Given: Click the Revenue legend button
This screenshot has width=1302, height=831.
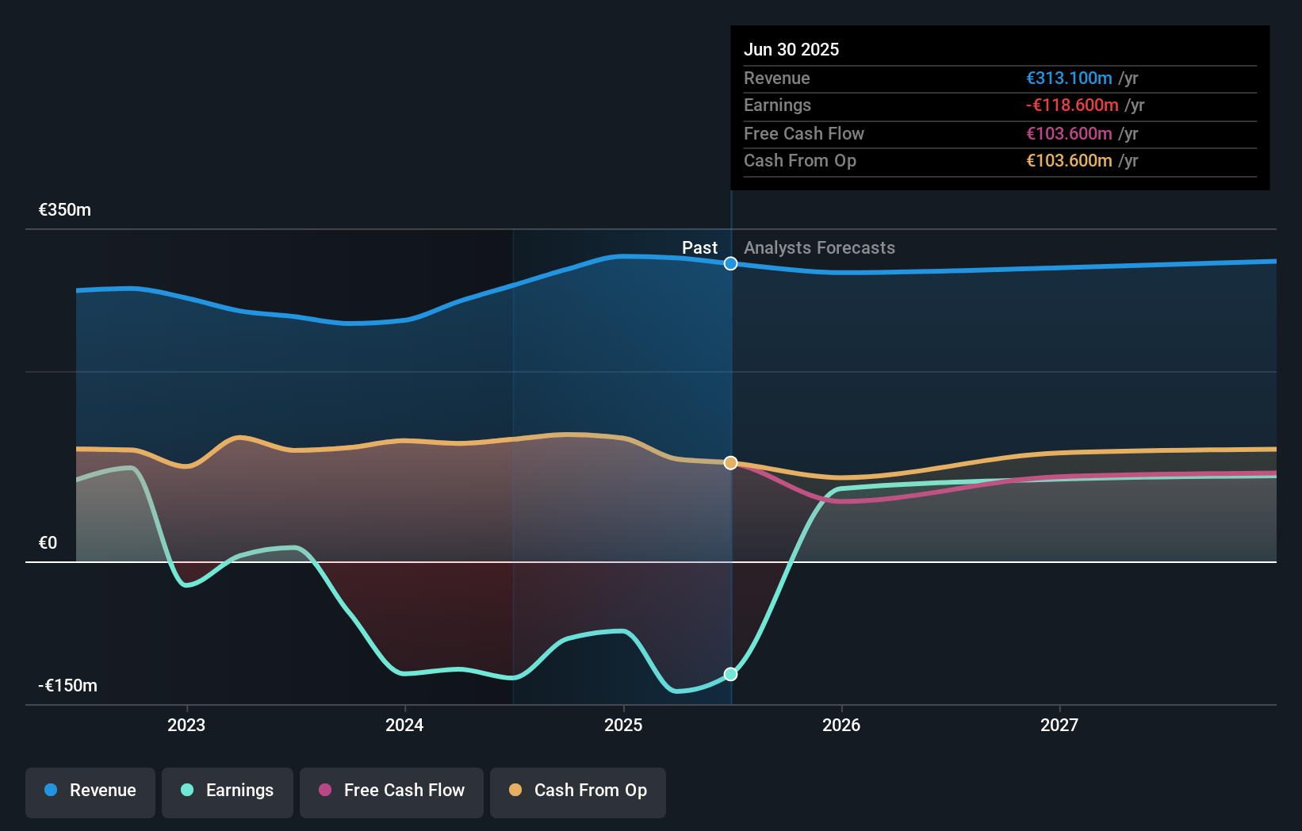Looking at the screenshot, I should pos(90,791).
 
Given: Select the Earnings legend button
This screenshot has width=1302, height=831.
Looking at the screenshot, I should pos(228,791).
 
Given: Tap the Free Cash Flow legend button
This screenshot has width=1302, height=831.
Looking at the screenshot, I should pos(392,791).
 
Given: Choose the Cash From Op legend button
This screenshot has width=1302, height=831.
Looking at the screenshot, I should pos(578,791).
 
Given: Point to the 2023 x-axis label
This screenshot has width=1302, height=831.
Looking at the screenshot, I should pos(186,726).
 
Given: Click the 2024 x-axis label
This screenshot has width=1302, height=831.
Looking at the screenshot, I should pos(404,726).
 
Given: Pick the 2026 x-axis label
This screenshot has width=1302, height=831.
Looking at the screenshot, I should pos(841,726).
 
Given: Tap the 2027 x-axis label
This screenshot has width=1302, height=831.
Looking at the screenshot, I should pos(1059,726).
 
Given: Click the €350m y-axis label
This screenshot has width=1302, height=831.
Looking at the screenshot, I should pos(65,210).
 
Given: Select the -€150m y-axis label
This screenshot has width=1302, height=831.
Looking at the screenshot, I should pos(68,686).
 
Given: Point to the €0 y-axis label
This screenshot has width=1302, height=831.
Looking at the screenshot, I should pos(48,543).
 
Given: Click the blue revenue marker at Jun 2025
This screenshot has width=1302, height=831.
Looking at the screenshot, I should pos(731,263).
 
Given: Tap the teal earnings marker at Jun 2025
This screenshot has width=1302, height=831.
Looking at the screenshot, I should pos(731,674).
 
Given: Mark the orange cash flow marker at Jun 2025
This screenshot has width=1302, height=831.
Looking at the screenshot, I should pos(731,462).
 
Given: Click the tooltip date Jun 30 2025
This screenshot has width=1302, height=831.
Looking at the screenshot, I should pos(791,49).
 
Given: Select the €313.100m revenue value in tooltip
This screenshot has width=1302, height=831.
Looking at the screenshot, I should pos(1069,78).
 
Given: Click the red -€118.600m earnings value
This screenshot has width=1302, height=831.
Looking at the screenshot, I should pos(1072,105).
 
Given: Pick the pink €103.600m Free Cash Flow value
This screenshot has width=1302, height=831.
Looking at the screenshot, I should pos(1069,133).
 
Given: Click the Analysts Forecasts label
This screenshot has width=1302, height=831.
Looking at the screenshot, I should pos(819,248).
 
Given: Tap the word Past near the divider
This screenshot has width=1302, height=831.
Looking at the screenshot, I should pos(699,248).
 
